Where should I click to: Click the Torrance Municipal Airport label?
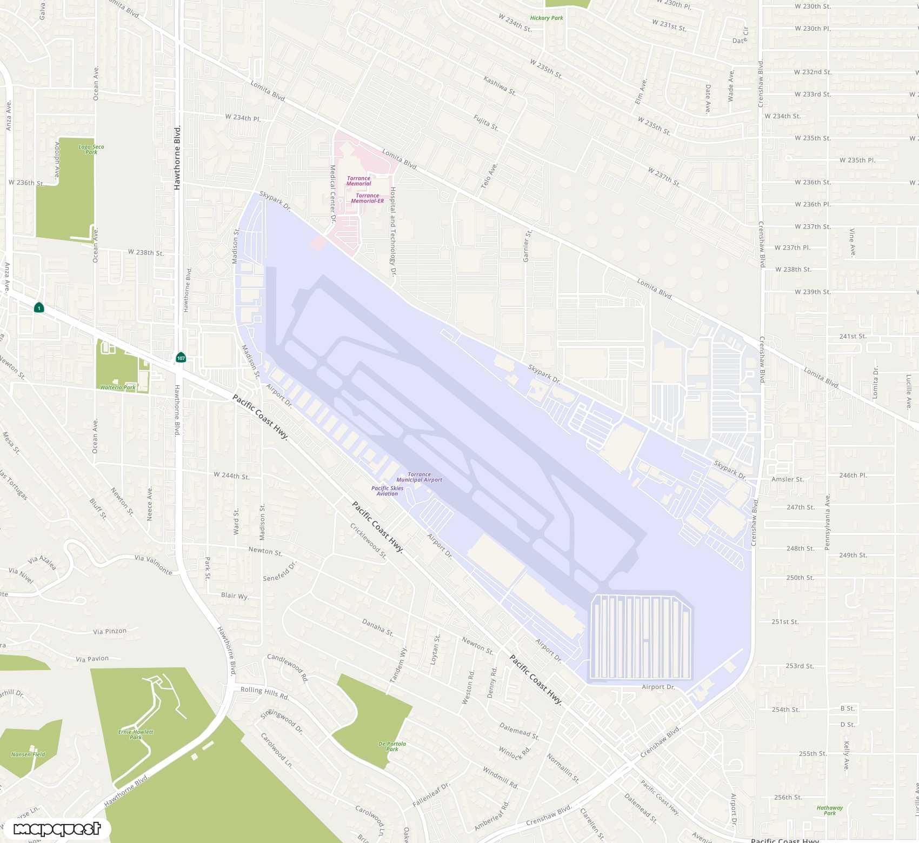(x=419, y=477)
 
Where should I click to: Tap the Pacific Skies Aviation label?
(x=387, y=491)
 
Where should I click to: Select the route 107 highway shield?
(x=181, y=358)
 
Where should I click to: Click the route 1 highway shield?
(x=39, y=308)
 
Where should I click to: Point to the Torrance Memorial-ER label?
(x=367, y=198)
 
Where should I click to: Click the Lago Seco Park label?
(x=91, y=149)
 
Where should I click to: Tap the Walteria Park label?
(x=118, y=387)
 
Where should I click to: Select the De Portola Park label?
(x=392, y=746)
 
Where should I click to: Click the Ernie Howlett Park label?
(x=136, y=734)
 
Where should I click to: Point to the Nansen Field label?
(x=28, y=754)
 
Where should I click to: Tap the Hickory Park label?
(x=547, y=18)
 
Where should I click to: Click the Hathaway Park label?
(x=830, y=810)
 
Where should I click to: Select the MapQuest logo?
(x=57, y=829)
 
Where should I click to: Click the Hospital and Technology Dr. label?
(x=394, y=232)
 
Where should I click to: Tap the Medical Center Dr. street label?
(x=333, y=194)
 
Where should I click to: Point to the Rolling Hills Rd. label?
(x=264, y=692)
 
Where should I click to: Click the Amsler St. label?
(x=788, y=479)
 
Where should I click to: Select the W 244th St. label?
(x=231, y=476)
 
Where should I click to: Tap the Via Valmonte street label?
(x=154, y=564)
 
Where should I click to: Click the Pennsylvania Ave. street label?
(x=827, y=522)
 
